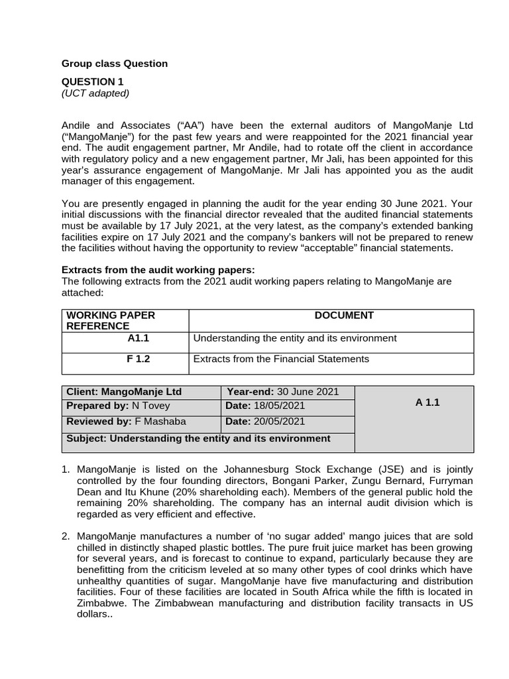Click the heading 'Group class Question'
[x=115, y=64]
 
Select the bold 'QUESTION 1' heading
[x=92, y=82]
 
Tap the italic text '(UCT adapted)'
[x=95, y=93]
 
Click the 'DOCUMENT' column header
[x=344, y=316]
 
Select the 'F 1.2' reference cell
[x=142, y=359]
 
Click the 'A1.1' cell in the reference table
[x=141, y=338]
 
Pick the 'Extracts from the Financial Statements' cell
[x=280, y=359]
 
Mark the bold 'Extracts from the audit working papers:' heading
[x=158, y=270]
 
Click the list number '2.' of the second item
[x=66, y=536]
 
